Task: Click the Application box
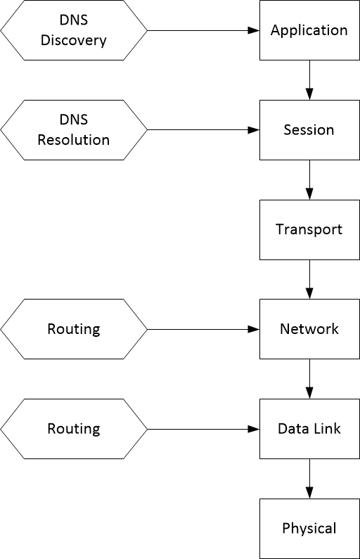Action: (x=309, y=30)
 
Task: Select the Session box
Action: (x=309, y=130)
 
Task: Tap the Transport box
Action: (x=309, y=230)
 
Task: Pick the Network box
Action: (x=309, y=329)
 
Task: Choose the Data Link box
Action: (x=309, y=429)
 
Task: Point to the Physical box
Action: (x=309, y=528)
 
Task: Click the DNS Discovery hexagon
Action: (x=74, y=30)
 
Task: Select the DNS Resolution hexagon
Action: (x=74, y=130)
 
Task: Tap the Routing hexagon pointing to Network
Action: (x=74, y=329)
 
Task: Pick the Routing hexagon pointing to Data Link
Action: (x=74, y=429)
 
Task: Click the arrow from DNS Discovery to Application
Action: (x=203, y=30)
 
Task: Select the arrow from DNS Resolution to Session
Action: (x=203, y=130)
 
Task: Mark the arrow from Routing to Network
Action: (x=203, y=329)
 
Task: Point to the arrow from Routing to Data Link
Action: (x=203, y=429)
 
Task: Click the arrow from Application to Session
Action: (x=309, y=80)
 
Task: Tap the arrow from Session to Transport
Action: (x=309, y=180)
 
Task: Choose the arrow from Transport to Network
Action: (x=309, y=280)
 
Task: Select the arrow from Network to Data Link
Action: (x=309, y=379)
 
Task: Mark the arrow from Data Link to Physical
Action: (x=309, y=479)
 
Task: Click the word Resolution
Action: (x=74, y=140)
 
